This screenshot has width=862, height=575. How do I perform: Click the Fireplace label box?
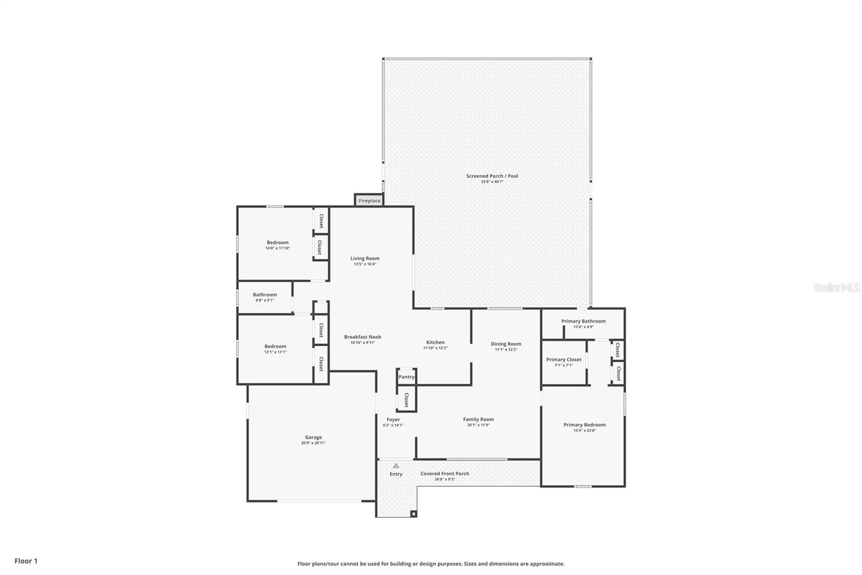(369, 201)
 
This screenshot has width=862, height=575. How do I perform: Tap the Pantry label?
(406, 377)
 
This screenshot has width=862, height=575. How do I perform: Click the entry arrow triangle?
(396, 466)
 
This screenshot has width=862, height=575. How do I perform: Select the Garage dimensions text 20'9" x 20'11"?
(313, 443)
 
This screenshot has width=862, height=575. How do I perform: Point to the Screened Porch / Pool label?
(492, 176)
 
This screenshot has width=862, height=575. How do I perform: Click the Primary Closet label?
(564, 359)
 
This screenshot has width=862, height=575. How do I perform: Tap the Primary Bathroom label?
(583, 321)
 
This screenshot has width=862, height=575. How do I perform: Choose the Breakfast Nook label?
(363, 337)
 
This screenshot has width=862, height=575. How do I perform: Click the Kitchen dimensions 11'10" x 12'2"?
(435, 348)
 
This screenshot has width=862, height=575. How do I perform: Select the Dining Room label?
(506, 344)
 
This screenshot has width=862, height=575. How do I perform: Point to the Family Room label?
(478, 419)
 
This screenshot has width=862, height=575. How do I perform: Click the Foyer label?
(393, 419)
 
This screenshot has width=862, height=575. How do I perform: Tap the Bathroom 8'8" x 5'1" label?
(265, 295)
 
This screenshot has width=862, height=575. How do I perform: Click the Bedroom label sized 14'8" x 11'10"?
(277, 242)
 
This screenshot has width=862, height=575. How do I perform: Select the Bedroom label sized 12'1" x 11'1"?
(275, 346)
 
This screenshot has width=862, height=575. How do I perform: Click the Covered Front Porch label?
(444, 474)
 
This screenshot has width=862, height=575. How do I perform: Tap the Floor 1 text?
(26, 561)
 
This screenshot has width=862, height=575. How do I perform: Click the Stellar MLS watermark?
(836, 287)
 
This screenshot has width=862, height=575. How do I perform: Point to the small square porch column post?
(413, 514)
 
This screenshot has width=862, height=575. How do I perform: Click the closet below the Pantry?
(406, 400)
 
